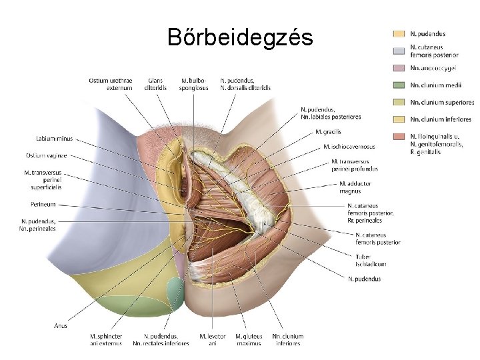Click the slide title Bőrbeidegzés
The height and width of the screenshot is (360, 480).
pos(240,37)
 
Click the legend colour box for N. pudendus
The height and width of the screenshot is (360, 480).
pos(399,33)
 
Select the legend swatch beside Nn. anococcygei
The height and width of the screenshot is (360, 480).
pos(399,68)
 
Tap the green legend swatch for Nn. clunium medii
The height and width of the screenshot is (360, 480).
pos(399,85)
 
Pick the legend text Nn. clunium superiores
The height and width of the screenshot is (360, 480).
pos(442,103)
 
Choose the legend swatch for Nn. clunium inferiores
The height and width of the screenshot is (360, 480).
pos(399,120)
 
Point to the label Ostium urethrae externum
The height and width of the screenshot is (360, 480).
pos(110,84)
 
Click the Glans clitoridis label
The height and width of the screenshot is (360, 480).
pos(156,84)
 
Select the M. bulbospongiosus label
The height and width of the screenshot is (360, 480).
pos(194,84)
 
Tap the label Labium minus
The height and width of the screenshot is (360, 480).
pos(55,139)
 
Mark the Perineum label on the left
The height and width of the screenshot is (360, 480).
pos(43,204)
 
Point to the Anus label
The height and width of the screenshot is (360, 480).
pos(60,326)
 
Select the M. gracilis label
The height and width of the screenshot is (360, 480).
pos(327,131)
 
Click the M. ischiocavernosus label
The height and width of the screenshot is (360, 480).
pos(349,147)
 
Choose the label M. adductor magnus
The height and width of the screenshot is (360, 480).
pos(355,187)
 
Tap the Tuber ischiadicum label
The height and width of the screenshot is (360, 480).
pos(371,260)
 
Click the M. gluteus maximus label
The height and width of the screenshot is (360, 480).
pos(249,340)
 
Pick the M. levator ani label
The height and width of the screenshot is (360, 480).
pos(212,340)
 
